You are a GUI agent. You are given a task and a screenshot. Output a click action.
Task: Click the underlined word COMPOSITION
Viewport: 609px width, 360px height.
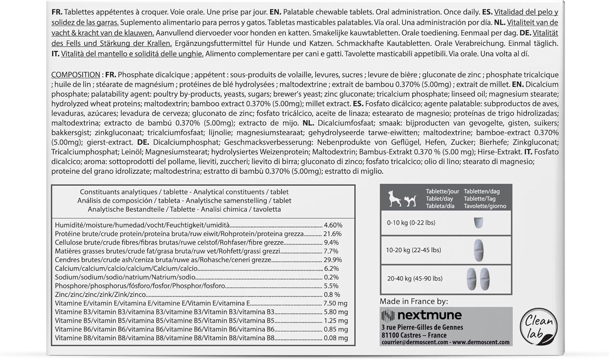pos(76,75)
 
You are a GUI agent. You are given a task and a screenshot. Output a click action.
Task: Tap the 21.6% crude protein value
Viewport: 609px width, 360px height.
pos(333,234)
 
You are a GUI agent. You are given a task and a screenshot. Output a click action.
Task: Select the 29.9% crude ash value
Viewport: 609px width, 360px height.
pos(333,260)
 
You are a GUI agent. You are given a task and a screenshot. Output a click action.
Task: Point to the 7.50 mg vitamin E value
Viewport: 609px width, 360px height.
pos(335,303)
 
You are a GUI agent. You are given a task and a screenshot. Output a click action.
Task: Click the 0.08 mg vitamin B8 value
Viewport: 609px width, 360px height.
pos(335,338)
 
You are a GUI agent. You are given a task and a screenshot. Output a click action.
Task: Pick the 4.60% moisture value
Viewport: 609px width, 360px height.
pos(333,225)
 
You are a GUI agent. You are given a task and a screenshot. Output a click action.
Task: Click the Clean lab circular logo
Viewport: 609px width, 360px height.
pos(538,327)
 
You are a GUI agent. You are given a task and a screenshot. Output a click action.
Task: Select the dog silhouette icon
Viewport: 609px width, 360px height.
pos(395,198)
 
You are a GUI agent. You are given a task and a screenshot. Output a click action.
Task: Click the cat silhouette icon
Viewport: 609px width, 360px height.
pos(410,200)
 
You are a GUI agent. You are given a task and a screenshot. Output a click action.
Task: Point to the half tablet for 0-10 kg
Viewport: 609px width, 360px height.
pos(479,222)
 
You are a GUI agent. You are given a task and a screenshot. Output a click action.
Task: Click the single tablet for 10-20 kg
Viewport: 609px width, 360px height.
pos(479,250)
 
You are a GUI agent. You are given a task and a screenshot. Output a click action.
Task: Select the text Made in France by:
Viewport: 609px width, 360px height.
pos(414,301)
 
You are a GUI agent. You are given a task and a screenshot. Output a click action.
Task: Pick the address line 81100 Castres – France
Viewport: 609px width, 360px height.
pos(414,335)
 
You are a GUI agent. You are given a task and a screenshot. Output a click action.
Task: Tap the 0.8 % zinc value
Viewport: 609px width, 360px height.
pos(332,295)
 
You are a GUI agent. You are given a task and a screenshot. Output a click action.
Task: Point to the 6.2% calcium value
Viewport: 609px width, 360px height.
pos(331,269)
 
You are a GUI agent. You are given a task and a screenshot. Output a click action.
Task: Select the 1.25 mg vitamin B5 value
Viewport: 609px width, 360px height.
pos(335,321)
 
